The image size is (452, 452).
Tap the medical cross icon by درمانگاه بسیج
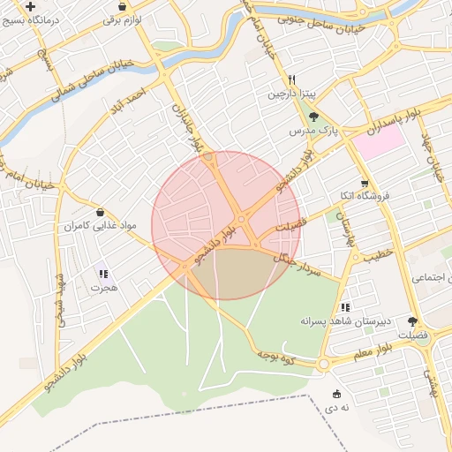(x=31, y=5)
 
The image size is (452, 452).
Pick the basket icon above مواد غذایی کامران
(x=100, y=213)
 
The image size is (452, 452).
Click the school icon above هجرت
(x=103, y=274)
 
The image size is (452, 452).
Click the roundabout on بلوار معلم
(x=324, y=363)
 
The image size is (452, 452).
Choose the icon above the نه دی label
(x=335, y=394)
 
